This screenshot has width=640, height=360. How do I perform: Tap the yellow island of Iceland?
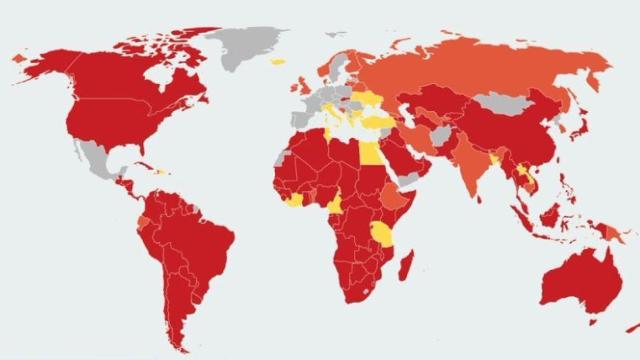click(277, 62)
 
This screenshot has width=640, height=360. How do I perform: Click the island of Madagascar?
click(405, 265)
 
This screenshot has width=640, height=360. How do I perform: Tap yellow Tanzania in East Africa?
click(383, 235)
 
